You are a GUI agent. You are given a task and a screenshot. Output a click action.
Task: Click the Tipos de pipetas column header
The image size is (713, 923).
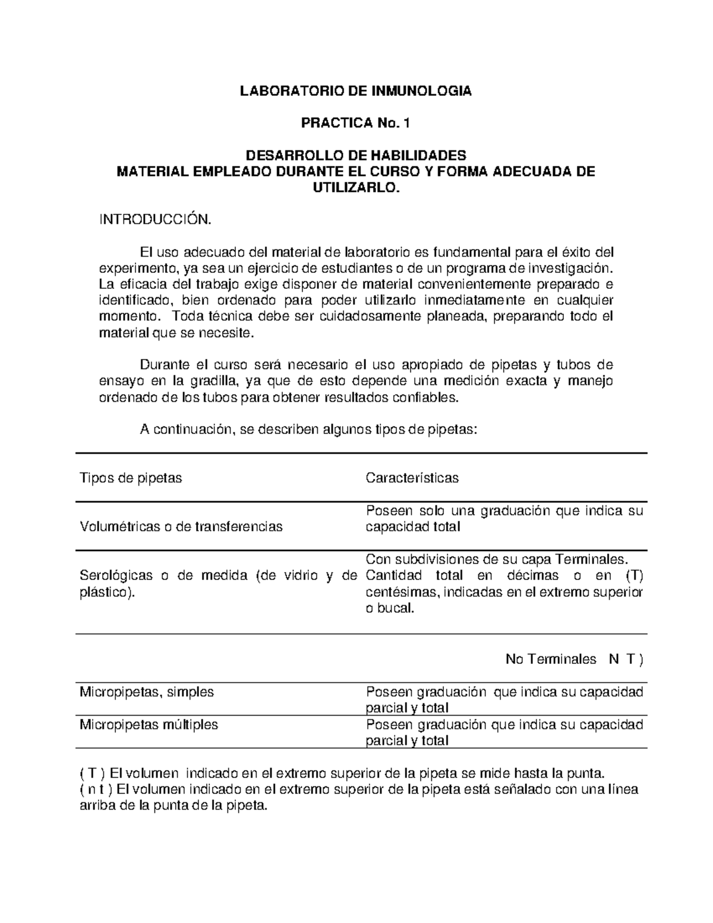(x=131, y=478)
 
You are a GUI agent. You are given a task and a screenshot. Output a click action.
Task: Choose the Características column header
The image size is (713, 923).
(x=412, y=478)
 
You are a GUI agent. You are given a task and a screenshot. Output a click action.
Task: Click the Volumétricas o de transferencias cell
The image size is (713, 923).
(x=181, y=527)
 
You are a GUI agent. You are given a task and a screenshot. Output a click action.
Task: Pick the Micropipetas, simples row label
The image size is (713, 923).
(x=147, y=692)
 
